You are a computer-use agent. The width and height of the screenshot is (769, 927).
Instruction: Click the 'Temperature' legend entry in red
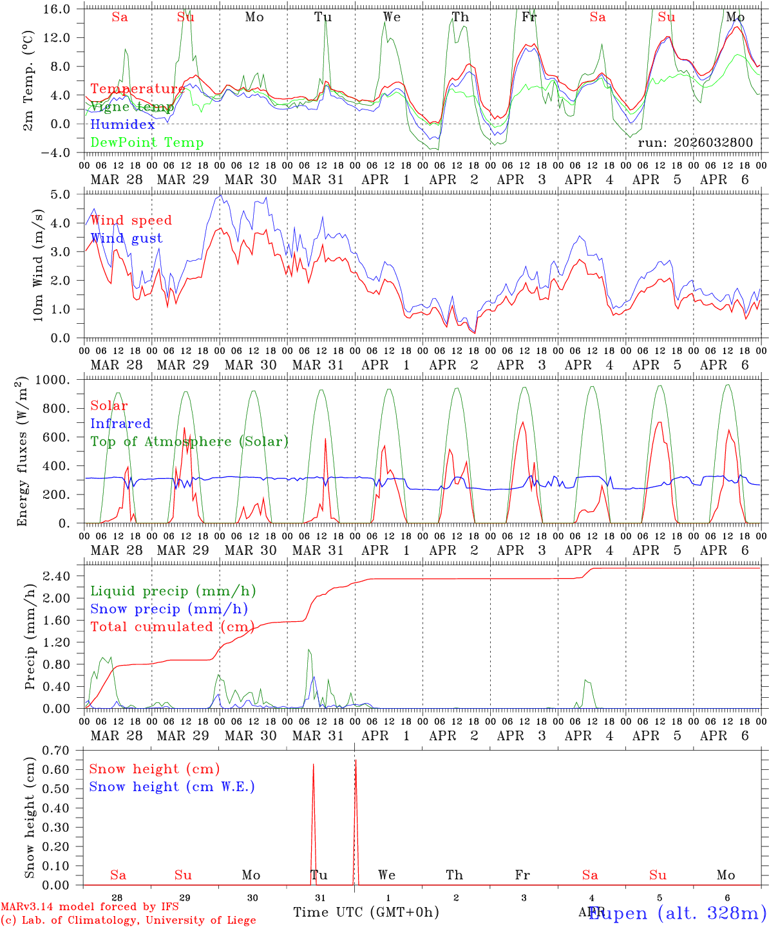point(137,89)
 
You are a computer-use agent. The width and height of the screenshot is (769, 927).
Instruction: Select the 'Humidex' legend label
point(122,125)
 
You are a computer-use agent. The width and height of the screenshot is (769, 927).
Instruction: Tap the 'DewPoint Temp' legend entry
point(147,143)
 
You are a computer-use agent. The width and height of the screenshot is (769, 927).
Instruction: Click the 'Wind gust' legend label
point(126,238)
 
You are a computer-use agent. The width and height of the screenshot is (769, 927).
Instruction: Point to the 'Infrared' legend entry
point(120,424)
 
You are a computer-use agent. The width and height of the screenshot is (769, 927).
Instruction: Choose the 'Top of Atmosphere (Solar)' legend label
point(189,442)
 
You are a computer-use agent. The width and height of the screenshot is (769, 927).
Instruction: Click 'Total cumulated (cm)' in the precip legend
point(172,627)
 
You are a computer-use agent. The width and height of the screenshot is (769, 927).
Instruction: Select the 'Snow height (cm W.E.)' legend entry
point(172,787)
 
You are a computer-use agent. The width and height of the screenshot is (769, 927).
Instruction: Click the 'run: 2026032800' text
point(695,143)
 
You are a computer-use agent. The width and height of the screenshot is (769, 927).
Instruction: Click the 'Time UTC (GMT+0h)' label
point(366,912)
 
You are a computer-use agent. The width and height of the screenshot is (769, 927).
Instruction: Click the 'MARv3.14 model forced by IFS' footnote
point(90,907)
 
